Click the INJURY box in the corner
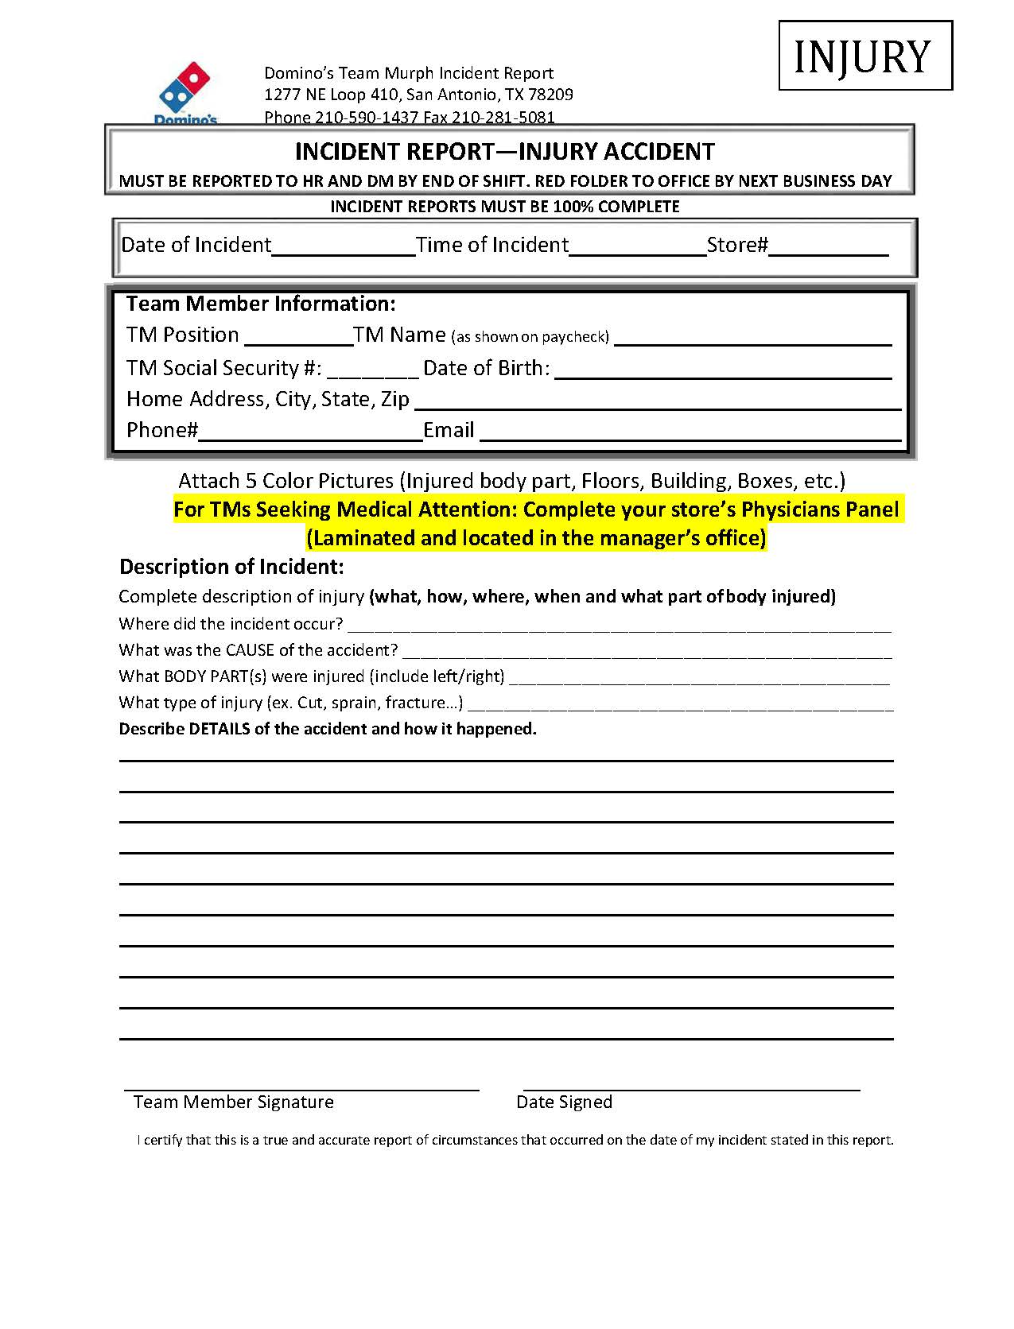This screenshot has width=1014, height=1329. pos(864,56)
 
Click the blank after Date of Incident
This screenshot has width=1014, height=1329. pos(344,246)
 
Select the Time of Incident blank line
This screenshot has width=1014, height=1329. pos(638,246)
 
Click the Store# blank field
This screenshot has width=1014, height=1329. pos(828,246)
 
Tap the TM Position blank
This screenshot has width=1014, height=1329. pos(298,336)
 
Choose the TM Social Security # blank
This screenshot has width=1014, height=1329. pos(372,369)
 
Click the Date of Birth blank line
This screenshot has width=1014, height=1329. pos(723,369)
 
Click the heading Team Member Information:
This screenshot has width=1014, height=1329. pos(261,304)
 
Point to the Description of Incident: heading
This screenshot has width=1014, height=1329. pos(231,567)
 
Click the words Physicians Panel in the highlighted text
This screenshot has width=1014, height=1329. pos(819,510)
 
